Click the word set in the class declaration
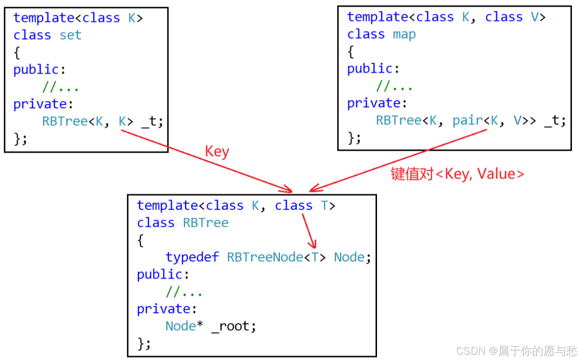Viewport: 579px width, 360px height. coord(70,35)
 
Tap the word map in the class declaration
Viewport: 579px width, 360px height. coord(404,34)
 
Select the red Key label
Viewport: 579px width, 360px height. coord(217,152)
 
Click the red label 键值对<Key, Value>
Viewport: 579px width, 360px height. coord(457,174)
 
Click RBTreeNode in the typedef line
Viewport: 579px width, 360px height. coord(265,257)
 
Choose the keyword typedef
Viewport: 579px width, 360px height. coord(192,257)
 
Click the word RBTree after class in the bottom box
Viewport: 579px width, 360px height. coord(205,223)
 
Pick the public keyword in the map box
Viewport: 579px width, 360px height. coord(369,69)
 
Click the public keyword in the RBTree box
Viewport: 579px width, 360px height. coord(159,275)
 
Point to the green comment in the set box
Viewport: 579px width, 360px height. coord(60,87)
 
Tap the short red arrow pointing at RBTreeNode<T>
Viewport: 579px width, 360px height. coord(308,231)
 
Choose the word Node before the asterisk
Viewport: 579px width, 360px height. coord(180,326)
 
